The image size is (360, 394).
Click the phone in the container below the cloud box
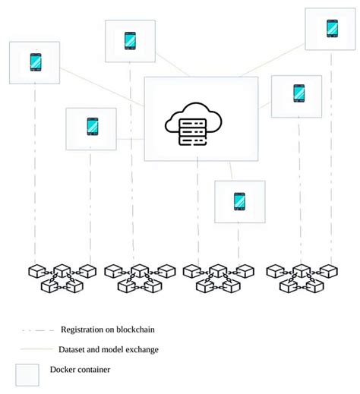(x=239, y=201)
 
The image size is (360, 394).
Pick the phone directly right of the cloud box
(x=297, y=92)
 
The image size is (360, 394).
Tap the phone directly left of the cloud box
(x=92, y=126)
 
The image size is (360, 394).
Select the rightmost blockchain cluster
(x=301, y=278)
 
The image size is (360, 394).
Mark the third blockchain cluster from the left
(x=217, y=278)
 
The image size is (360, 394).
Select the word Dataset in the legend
(x=74, y=349)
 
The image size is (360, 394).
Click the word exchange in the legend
(x=140, y=349)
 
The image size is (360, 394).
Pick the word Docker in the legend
(x=65, y=370)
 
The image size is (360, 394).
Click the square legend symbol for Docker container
(x=27, y=374)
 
